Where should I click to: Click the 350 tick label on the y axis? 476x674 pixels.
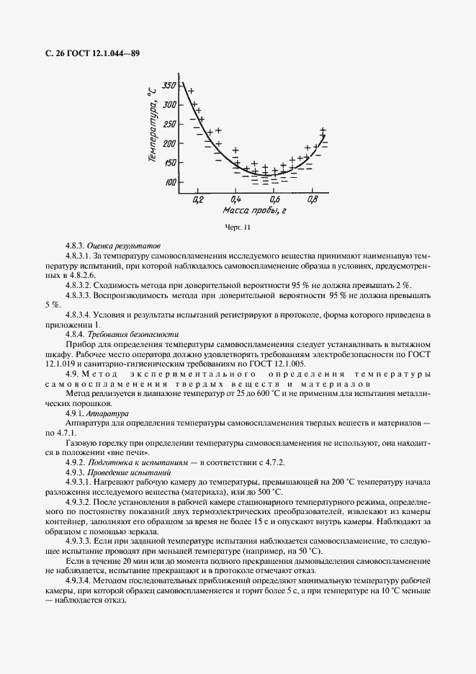coord(169,86)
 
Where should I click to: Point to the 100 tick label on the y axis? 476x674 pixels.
coord(170,183)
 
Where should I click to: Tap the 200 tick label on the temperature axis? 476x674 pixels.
coord(170,144)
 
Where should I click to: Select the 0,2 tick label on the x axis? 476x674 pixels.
coord(198,199)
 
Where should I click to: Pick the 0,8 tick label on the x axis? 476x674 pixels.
coord(312,199)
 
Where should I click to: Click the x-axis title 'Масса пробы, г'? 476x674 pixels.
coord(255,212)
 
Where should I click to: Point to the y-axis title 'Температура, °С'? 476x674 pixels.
coord(152,127)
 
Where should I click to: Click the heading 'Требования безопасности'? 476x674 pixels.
coord(133,335)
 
